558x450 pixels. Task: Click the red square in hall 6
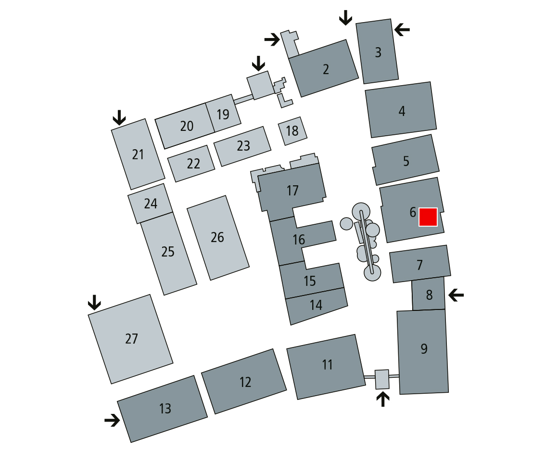tap(428, 217)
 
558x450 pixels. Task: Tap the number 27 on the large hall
tap(131, 339)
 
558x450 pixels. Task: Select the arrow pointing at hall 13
tap(112, 420)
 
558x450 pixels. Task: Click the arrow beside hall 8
tap(456, 294)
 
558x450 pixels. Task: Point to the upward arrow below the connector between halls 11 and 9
tap(382, 399)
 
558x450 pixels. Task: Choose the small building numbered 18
tap(292, 130)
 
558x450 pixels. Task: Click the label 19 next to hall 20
tap(223, 115)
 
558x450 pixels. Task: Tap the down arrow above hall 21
tap(119, 117)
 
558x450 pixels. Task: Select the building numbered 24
tap(151, 204)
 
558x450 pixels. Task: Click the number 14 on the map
tap(316, 305)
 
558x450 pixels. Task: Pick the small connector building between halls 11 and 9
tap(381, 379)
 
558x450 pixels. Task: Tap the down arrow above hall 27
tap(94, 302)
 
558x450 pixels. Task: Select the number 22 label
tap(193, 164)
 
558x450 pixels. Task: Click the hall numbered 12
tap(245, 382)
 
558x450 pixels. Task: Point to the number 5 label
tap(406, 161)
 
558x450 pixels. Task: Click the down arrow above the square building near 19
tap(258, 63)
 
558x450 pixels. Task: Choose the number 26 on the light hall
tap(217, 237)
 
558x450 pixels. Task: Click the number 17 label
tap(292, 191)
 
